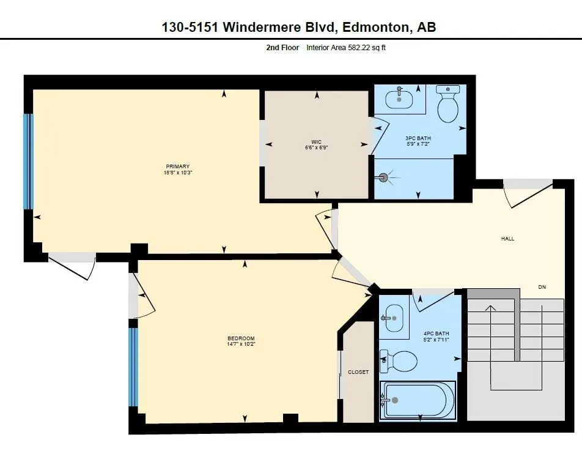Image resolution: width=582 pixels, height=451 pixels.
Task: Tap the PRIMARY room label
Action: (x=178, y=166)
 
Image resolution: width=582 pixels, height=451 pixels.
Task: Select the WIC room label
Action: (x=316, y=142)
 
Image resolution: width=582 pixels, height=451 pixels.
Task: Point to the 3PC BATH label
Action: (x=418, y=138)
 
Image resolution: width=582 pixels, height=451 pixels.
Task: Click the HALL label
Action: (x=508, y=239)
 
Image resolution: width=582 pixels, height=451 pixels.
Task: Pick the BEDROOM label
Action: (x=241, y=338)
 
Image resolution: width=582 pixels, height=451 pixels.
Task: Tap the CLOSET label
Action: (x=358, y=372)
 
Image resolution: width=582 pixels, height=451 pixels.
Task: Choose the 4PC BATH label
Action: (x=436, y=334)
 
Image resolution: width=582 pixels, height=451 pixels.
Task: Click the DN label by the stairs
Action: (x=542, y=287)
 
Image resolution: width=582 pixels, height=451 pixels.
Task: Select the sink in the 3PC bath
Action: (x=399, y=98)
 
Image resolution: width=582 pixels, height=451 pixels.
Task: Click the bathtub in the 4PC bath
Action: (x=417, y=400)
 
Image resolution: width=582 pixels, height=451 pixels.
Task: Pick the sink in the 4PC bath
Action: (x=394, y=318)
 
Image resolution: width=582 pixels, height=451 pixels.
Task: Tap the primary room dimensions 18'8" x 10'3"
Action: (x=178, y=173)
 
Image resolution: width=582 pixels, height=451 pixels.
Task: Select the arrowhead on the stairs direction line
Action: (x=491, y=308)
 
